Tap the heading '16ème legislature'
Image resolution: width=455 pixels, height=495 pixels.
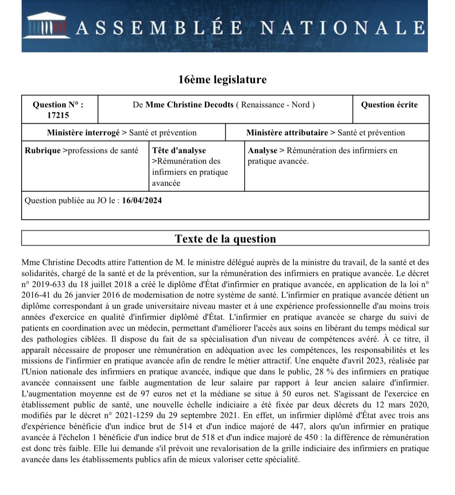tap(222, 80)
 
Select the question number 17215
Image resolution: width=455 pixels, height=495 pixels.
tap(58, 115)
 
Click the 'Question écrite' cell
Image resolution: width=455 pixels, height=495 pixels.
tap(389, 105)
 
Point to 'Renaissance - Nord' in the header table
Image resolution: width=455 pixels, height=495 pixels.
tap(278, 105)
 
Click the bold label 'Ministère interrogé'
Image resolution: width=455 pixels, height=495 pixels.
tap(83, 133)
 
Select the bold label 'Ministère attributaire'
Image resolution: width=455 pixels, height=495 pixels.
tap(287, 133)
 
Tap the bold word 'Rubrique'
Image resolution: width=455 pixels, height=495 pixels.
tap(42, 150)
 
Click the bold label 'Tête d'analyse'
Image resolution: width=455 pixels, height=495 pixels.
tap(179, 150)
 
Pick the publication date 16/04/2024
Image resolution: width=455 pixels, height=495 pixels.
tap(142, 200)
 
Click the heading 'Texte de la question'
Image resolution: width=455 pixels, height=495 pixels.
tap(225, 239)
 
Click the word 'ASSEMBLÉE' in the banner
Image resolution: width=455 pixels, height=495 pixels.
tap(159, 28)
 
